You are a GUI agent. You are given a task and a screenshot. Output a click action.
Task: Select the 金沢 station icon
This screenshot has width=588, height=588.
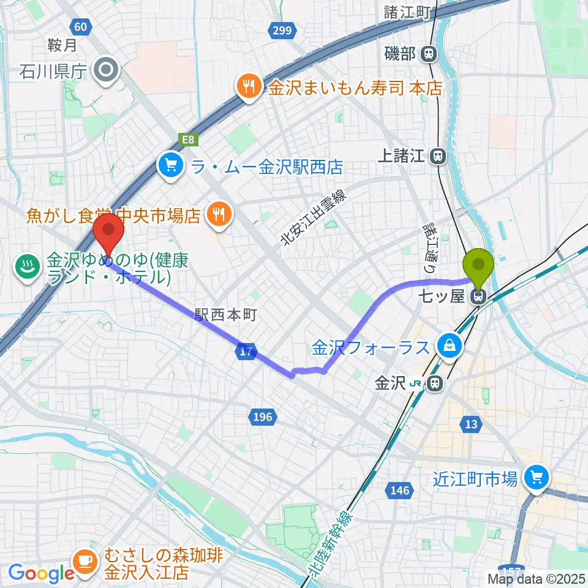pos(434,384)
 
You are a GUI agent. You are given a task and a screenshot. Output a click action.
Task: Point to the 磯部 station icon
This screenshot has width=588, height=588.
pos(429,54)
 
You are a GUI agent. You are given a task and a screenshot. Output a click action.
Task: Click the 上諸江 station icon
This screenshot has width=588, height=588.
pos(437,157)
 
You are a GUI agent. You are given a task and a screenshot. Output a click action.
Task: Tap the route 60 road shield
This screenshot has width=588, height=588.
pos(81,26)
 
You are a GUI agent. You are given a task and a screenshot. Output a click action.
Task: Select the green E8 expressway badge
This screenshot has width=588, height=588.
pos(187,140)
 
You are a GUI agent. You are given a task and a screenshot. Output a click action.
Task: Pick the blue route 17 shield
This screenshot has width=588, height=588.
pos(246,352)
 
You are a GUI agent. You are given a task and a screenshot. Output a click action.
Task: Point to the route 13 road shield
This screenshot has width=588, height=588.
pos(471,425)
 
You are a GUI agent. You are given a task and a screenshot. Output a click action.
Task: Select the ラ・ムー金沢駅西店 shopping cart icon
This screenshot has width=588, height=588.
pos(170,166)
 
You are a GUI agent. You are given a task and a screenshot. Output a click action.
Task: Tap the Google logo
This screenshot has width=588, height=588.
pos(41,573)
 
